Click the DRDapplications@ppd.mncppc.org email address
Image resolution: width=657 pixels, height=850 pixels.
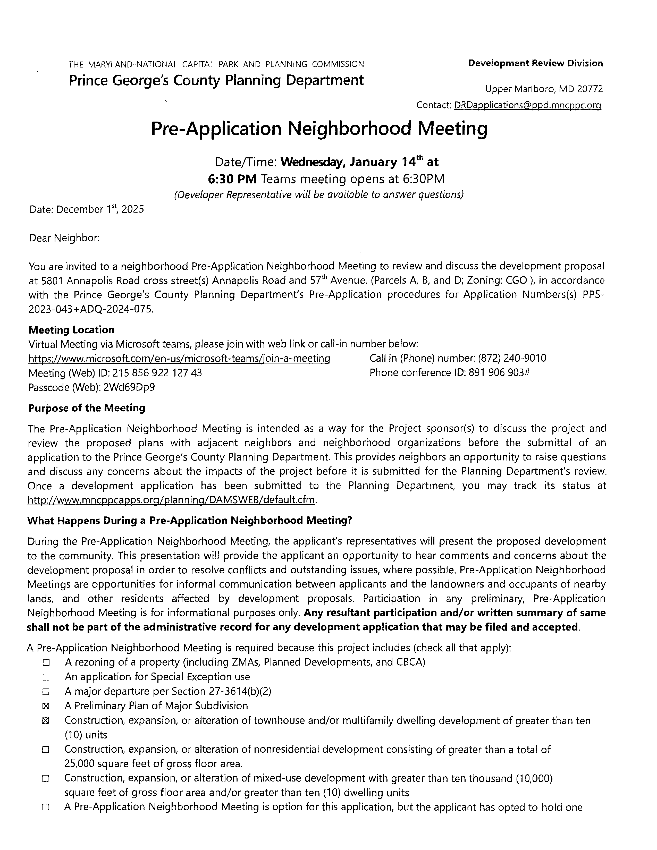tap(527, 105)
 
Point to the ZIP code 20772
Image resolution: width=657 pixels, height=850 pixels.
tap(590, 89)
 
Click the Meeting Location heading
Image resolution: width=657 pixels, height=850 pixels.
tap(71, 330)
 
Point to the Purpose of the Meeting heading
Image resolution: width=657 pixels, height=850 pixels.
tap(86, 408)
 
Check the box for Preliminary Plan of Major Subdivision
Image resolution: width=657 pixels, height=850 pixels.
tap(46, 706)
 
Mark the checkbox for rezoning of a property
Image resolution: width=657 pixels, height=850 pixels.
tap(46, 663)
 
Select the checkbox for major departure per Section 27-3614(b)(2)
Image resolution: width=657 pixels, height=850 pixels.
tap(46, 692)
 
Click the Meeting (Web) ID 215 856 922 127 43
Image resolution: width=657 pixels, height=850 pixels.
tap(157, 373)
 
